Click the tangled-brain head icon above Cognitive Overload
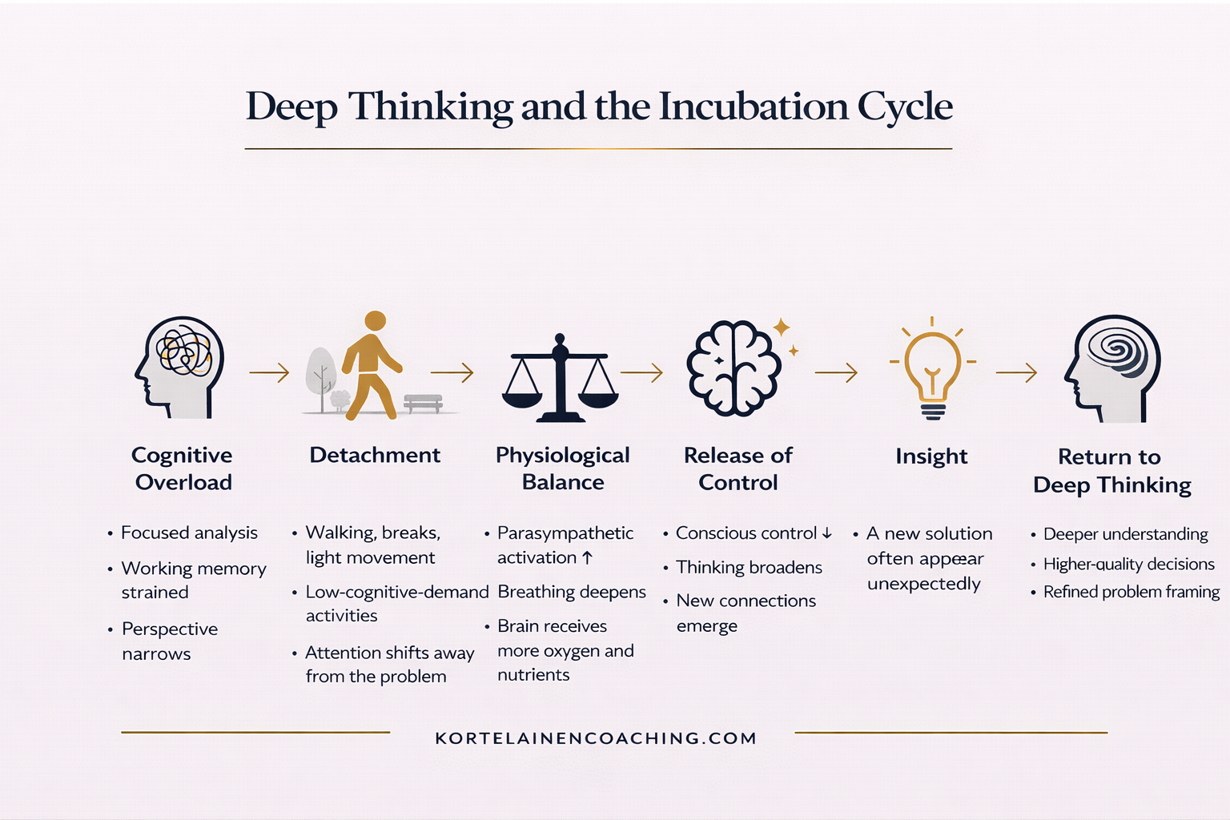coord(179,368)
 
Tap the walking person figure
coord(371,365)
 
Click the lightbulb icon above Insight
coord(932,369)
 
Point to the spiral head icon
coord(1113,368)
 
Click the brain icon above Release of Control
coord(734,368)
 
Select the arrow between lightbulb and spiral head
coord(1016,372)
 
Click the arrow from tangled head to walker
coord(269,372)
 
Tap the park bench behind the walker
coord(423,402)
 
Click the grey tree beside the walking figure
coord(321,376)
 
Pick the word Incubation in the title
coord(754,107)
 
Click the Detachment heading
coord(375,455)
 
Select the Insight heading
coord(931,456)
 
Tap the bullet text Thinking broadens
coord(749,567)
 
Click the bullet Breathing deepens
coord(572,592)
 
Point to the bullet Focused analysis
coord(189,533)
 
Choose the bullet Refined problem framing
coord(1131,592)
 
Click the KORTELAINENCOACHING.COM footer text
coord(596,738)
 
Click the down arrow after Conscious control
coord(827,533)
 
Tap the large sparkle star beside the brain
coord(782,327)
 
